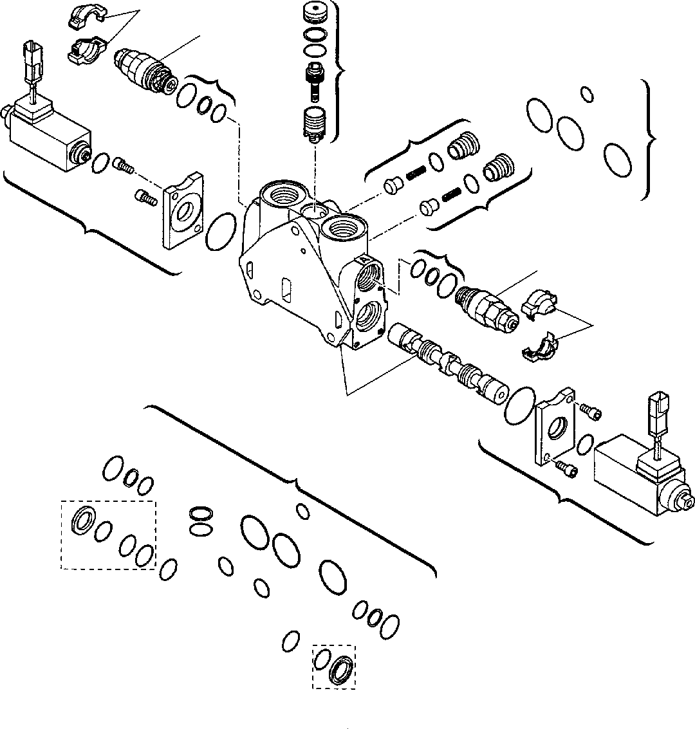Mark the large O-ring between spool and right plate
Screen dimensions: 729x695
click(520, 405)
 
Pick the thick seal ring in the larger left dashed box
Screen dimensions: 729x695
click(83, 519)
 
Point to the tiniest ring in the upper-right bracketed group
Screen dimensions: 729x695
click(586, 93)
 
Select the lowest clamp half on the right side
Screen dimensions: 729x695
click(541, 348)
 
